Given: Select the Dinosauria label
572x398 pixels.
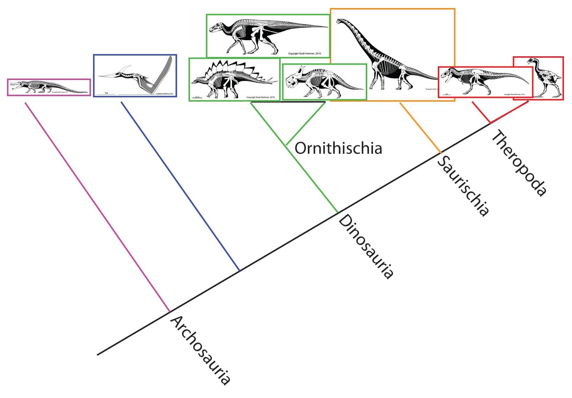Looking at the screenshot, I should pos(366,247).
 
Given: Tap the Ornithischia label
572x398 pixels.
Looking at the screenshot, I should pos(338,148).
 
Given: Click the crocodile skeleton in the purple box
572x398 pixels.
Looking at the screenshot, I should pos(49,87).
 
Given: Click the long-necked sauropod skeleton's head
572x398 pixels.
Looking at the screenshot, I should pos(339,21).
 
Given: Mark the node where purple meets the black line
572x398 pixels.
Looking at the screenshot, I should pos(170,311).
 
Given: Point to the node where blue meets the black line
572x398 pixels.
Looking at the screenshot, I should pos(239,270).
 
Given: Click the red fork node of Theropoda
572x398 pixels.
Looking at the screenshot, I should pos(490,123).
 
